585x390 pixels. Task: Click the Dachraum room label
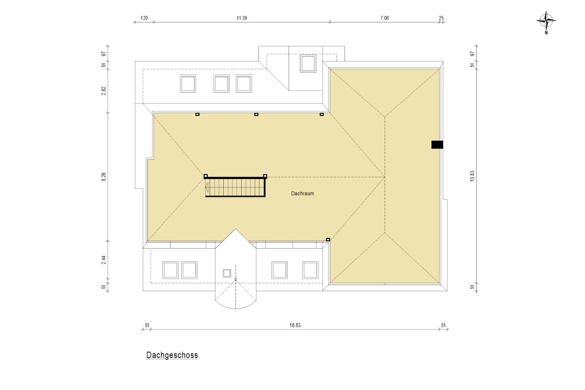302,194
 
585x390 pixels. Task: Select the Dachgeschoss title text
172,355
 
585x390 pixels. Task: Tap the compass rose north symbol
546,20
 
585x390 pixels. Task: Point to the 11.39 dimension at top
242,18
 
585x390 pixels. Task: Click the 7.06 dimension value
385,18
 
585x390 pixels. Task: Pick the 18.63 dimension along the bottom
295,325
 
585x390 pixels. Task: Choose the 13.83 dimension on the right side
472,176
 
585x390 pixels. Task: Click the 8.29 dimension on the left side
104,177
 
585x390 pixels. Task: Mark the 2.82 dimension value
104,91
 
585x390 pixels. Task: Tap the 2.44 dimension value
104,260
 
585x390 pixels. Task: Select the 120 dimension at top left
144,18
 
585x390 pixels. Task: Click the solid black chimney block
437,145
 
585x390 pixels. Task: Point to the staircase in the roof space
235,187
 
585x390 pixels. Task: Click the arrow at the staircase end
207,187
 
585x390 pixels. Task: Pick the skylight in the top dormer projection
308,63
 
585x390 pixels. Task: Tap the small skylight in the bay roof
227,273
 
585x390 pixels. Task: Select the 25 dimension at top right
441,18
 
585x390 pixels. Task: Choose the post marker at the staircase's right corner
265,176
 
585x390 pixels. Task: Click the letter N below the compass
546,33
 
